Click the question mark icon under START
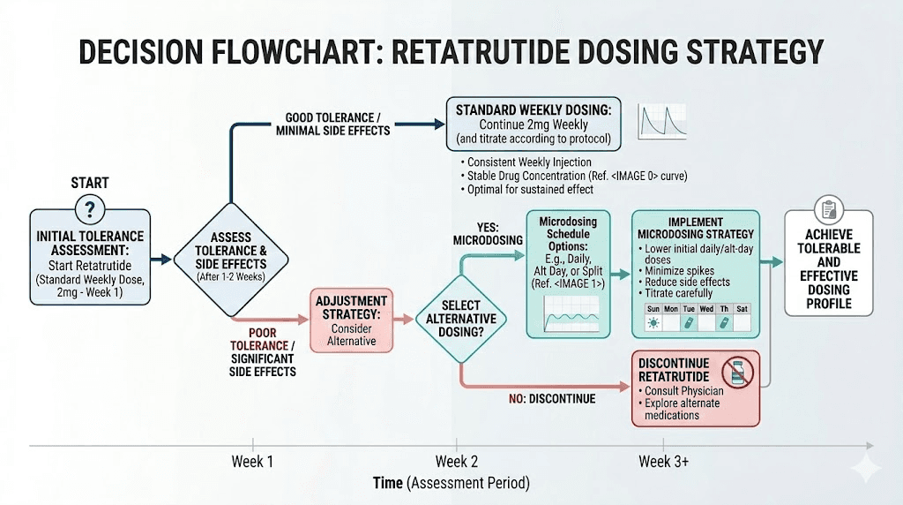point(90,210)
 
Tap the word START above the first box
point(89,183)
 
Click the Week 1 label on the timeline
point(253,462)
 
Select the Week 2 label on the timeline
point(457,462)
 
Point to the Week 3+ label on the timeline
point(664,462)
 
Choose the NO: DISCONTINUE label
point(552,399)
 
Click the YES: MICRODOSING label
point(482,233)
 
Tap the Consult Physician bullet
point(683,390)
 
